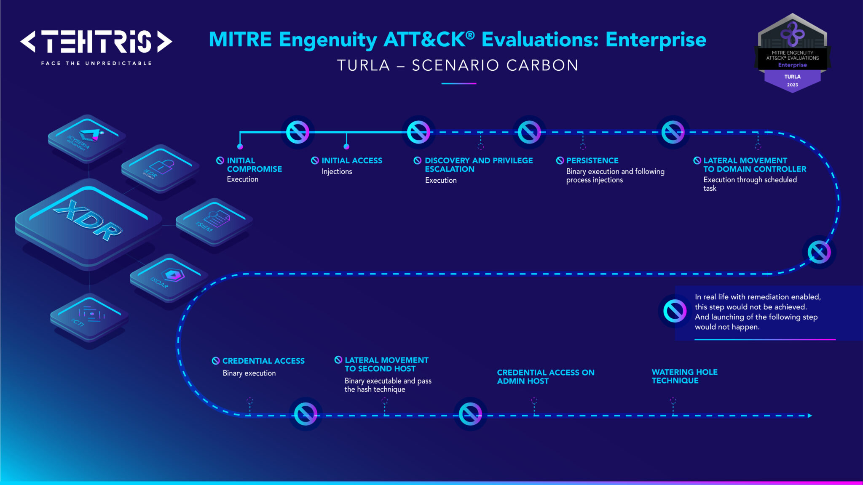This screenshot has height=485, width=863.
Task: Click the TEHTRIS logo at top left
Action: pos(96,41)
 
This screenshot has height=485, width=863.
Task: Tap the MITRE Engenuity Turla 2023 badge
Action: pos(792,53)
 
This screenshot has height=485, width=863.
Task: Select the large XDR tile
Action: pos(88,221)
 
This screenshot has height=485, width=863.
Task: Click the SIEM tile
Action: pos(214,220)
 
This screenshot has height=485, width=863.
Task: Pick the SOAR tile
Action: pos(169,277)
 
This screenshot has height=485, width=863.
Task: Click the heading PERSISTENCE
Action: pos(592,160)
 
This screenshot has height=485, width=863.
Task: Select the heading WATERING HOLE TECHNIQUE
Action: pos(684,376)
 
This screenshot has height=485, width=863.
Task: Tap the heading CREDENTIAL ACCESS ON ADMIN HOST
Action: pos(545,376)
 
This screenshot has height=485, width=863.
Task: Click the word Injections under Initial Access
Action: pos(337,171)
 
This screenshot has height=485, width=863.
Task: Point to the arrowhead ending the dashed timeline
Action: pos(809,416)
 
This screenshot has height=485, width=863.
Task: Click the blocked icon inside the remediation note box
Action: pos(675,311)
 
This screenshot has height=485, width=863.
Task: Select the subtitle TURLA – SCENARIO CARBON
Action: pos(458,65)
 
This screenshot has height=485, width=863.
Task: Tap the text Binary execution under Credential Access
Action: pos(249,373)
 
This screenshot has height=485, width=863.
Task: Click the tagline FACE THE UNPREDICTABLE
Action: pos(96,63)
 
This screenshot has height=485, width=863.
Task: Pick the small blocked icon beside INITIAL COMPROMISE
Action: pos(220,160)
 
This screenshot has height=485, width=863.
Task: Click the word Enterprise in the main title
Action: pos(656,40)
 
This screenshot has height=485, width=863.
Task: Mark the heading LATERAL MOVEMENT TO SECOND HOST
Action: pos(386,364)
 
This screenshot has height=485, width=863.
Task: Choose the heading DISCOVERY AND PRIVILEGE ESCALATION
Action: pos(478,165)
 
